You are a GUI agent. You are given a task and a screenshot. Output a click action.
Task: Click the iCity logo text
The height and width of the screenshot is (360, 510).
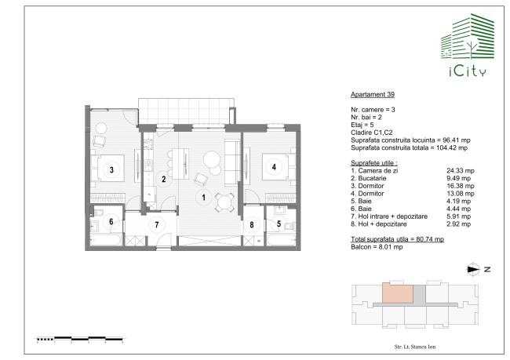(x=468, y=71)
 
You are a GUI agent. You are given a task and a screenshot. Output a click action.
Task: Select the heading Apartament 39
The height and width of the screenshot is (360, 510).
(x=373, y=95)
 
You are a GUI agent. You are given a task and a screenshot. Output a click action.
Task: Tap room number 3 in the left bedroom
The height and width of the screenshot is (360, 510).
(x=111, y=169)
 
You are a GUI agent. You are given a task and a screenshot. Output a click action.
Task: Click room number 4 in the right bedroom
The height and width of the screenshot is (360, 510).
(x=274, y=167)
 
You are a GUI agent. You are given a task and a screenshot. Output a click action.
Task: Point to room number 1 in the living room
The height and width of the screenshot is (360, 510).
(x=204, y=197)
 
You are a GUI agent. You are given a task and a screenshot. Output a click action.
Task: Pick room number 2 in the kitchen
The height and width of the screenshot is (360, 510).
(x=164, y=179)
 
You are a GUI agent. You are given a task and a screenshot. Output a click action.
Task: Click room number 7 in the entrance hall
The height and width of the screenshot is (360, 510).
(x=157, y=225)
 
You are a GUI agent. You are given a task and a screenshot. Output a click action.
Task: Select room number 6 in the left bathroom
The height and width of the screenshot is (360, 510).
(x=111, y=221)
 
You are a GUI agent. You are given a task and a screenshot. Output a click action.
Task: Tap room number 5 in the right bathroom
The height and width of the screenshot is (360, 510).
(x=279, y=224)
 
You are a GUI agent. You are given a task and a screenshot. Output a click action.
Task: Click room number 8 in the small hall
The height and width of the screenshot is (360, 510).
(x=251, y=225)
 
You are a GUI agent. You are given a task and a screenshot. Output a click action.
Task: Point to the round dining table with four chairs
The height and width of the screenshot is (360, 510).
(x=224, y=202)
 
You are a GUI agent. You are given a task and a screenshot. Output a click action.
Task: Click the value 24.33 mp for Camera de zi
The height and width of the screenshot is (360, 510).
(x=461, y=171)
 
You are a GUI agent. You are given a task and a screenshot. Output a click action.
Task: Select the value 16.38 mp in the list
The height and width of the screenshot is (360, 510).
(x=461, y=186)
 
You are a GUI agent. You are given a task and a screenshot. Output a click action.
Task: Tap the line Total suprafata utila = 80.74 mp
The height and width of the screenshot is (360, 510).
(x=397, y=239)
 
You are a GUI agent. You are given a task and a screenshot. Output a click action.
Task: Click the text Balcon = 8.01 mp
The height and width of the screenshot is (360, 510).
(x=377, y=247)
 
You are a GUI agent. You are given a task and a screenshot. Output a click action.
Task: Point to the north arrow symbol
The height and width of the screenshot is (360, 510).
(x=474, y=269)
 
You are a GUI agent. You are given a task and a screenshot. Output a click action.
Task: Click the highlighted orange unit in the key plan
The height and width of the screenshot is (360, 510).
(x=398, y=293)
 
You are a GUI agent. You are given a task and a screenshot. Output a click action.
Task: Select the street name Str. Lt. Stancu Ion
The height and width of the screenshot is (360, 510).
(x=415, y=347)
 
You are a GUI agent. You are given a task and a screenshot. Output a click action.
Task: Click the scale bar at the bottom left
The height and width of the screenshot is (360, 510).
(x=80, y=339)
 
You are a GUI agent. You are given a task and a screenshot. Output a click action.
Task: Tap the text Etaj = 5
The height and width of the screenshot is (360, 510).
(x=362, y=125)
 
